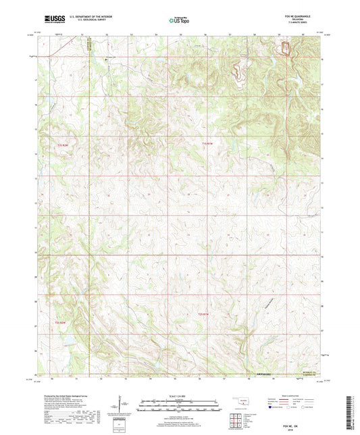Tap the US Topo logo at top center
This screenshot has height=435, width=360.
179,20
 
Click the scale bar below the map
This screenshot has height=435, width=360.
179,405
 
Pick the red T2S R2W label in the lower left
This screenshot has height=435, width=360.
61,323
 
